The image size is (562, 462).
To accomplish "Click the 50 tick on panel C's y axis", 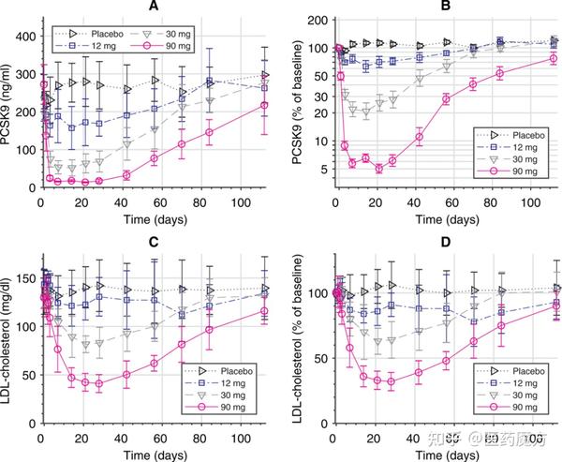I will (x=28, y=375).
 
